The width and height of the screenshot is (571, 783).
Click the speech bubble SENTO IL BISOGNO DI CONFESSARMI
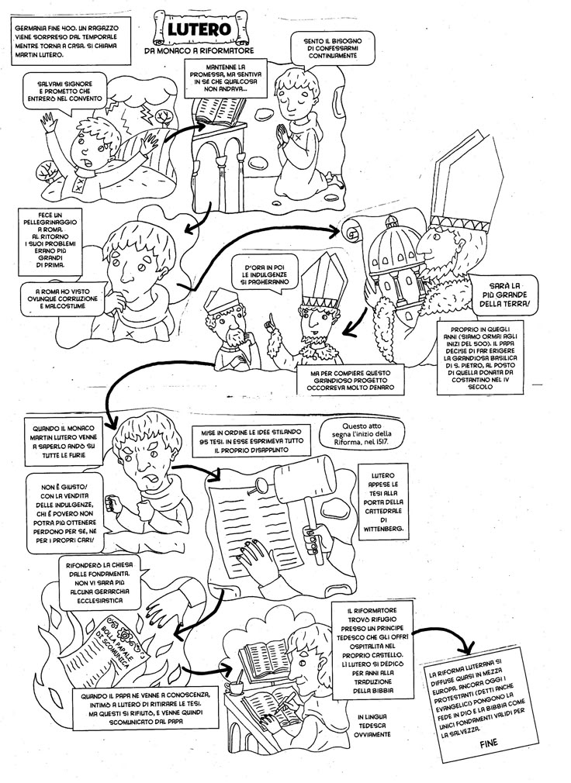tap(334, 47)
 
